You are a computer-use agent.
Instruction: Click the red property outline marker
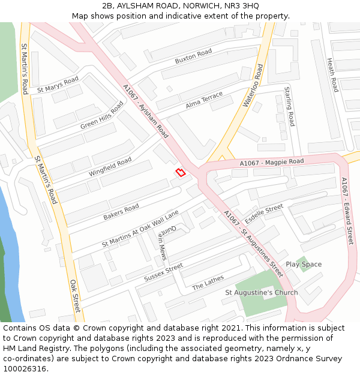coord(180,173)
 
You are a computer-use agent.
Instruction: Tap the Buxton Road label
coord(193,57)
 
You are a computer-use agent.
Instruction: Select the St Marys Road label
coord(58,85)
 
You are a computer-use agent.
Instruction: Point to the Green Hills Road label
coord(102,115)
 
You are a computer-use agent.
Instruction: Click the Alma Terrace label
coord(204,100)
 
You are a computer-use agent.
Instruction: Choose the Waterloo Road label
coord(253,86)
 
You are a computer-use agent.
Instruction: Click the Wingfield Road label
coord(110,167)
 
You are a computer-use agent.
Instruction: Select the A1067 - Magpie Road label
coord(272,163)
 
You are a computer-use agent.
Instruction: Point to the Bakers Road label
coord(121,211)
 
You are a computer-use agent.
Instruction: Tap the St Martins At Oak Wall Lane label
coord(140,228)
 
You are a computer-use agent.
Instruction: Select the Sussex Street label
coord(163,272)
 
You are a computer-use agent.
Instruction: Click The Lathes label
coord(208,282)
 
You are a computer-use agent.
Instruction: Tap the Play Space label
coord(303,264)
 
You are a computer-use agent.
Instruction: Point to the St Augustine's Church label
coord(261,293)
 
